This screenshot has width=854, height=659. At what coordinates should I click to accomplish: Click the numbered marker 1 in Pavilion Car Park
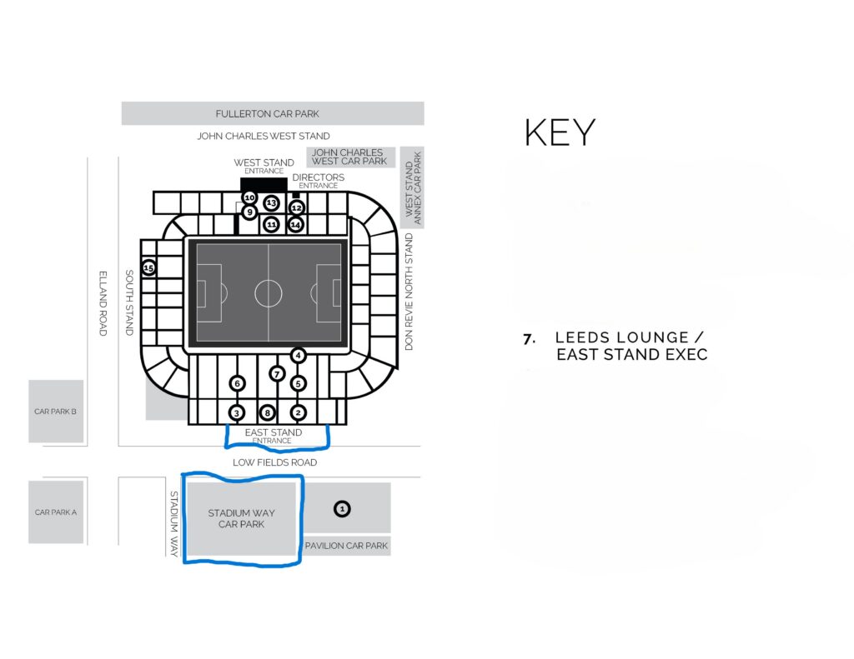pyautogui.click(x=342, y=509)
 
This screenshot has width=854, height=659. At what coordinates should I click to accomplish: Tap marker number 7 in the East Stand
pyautogui.click(x=277, y=374)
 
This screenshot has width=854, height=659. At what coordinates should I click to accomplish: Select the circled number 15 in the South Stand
pyautogui.click(x=148, y=267)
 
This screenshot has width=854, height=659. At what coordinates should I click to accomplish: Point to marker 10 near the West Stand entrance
pyautogui.click(x=249, y=197)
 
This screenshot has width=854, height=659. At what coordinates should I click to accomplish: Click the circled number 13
pyautogui.click(x=271, y=203)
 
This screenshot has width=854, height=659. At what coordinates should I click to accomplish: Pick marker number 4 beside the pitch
pyautogui.click(x=298, y=356)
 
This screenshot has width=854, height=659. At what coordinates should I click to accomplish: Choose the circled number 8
pyautogui.click(x=267, y=413)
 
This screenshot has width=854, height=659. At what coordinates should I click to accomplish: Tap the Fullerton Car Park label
pyautogui.click(x=268, y=114)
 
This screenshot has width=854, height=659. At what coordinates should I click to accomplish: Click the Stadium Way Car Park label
pyautogui.click(x=241, y=518)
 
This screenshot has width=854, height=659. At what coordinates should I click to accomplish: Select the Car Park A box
pyautogui.click(x=56, y=512)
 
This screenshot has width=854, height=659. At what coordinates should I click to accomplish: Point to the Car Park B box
pyautogui.click(x=56, y=412)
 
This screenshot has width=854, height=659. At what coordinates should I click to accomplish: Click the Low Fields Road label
pyautogui.click(x=274, y=462)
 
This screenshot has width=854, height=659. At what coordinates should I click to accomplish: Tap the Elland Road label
pyautogui.click(x=103, y=303)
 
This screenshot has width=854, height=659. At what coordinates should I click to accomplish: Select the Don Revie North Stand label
pyautogui.click(x=409, y=292)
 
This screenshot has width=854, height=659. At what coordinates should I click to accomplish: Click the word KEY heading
pyautogui.click(x=560, y=132)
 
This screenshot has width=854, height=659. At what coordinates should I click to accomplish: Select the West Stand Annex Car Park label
pyautogui.click(x=414, y=187)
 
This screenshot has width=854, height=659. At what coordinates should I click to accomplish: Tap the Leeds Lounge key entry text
pyautogui.click(x=631, y=346)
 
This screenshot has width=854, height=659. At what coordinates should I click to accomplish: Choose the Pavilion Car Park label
pyautogui.click(x=346, y=545)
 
